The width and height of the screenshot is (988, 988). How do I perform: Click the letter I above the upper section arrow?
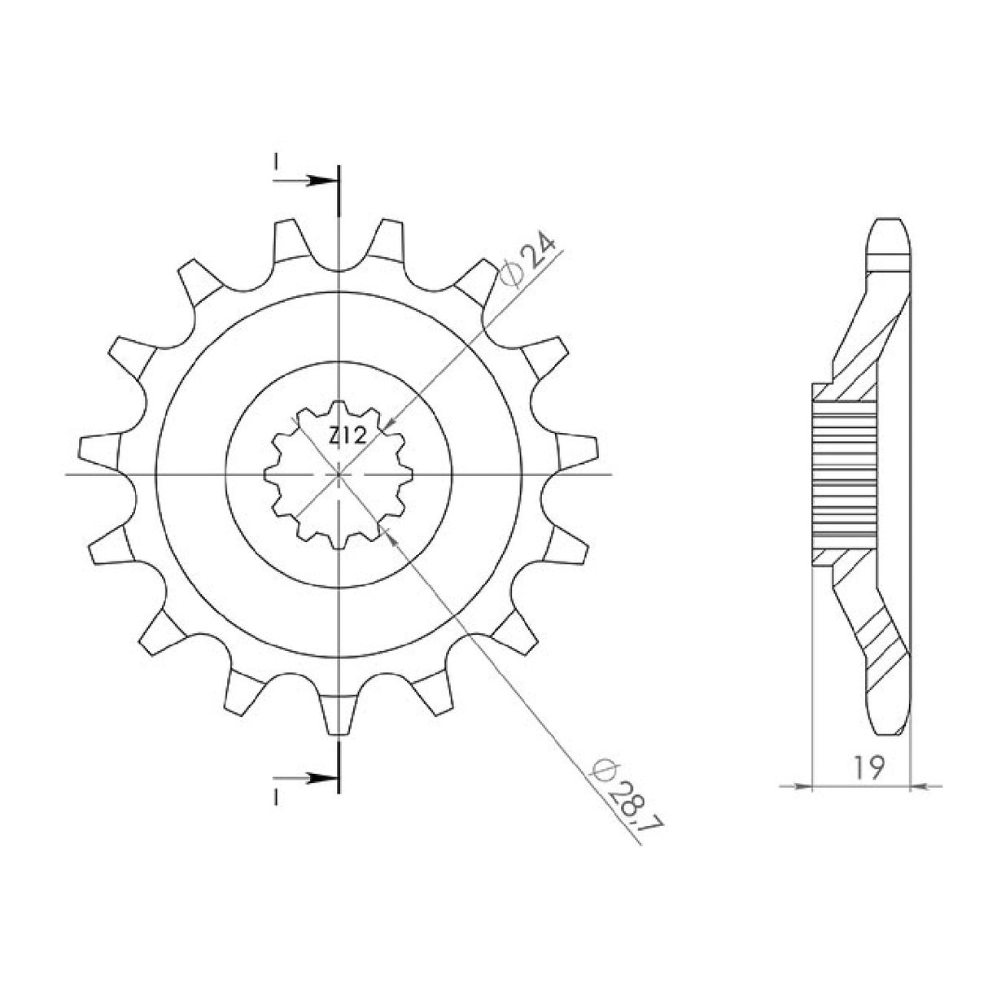(x=276, y=163)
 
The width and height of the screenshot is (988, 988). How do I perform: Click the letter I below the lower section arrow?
(x=276, y=796)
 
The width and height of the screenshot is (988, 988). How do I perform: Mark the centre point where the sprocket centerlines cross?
(x=338, y=474)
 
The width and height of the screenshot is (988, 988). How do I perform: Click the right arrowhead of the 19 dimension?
(x=918, y=786)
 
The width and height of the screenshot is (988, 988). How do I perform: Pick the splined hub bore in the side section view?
(x=846, y=474)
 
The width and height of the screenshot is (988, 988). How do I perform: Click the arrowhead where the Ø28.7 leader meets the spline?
(x=391, y=533)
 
